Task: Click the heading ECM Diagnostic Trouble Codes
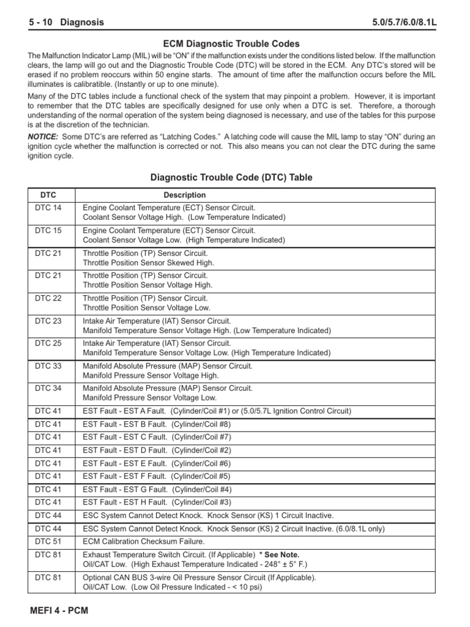click(x=231, y=44)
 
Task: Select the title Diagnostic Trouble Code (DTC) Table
click(x=231, y=178)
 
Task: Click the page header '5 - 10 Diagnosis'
click(x=66, y=23)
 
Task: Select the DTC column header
click(x=48, y=195)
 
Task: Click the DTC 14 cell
click(x=48, y=208)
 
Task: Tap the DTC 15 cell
click(x=48, y=230)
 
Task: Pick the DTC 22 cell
click(x=48, y=298)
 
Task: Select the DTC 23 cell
click(x=48, y=320)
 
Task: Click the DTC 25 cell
click(x=48, y=344)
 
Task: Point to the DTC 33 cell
click(x=48, y=366)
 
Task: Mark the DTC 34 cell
click(x=48, y=388)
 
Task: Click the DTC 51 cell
click(x=48, y=541)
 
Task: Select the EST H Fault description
click(x=156, y=502)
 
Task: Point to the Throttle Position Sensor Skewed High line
click(x=148, y=263)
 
